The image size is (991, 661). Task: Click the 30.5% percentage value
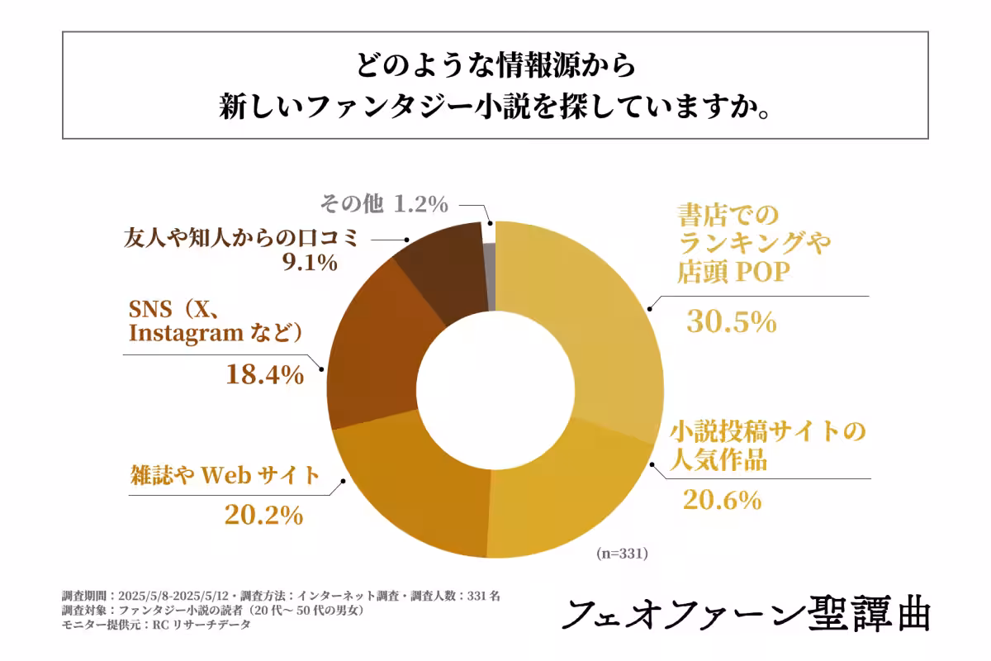[x=731, y=321]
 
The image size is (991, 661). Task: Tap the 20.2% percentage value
[x=263, y=516]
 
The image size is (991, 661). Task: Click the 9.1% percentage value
[x=310, y=263]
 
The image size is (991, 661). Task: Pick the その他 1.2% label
[x=383, y=202]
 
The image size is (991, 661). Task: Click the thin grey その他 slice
[x=490, y=264]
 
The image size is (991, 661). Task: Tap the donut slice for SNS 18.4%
[x=372, y=347]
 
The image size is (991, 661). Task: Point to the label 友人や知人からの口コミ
[x=241, y=238]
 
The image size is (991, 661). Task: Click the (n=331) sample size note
[x=622, y=554]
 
